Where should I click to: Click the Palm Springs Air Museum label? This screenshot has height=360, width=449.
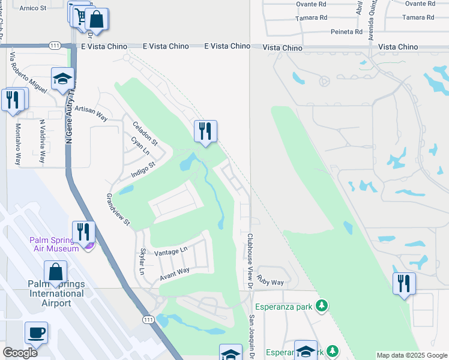[54, 244]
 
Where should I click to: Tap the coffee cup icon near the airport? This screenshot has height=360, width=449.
[36, 332]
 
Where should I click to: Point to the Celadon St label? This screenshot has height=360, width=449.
[145, 133]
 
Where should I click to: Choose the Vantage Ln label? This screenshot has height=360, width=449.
[170, 251]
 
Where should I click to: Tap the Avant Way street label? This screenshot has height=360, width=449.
[174, 274]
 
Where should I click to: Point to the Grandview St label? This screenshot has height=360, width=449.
[118, 209]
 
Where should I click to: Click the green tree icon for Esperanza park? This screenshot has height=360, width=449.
[322, 307]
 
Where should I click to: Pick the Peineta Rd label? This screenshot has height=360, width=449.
[346, 32]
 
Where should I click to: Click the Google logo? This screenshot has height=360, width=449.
[20, 353]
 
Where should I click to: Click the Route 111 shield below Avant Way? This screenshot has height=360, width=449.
[148, 321]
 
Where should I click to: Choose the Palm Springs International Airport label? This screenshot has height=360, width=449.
[55, 293]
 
